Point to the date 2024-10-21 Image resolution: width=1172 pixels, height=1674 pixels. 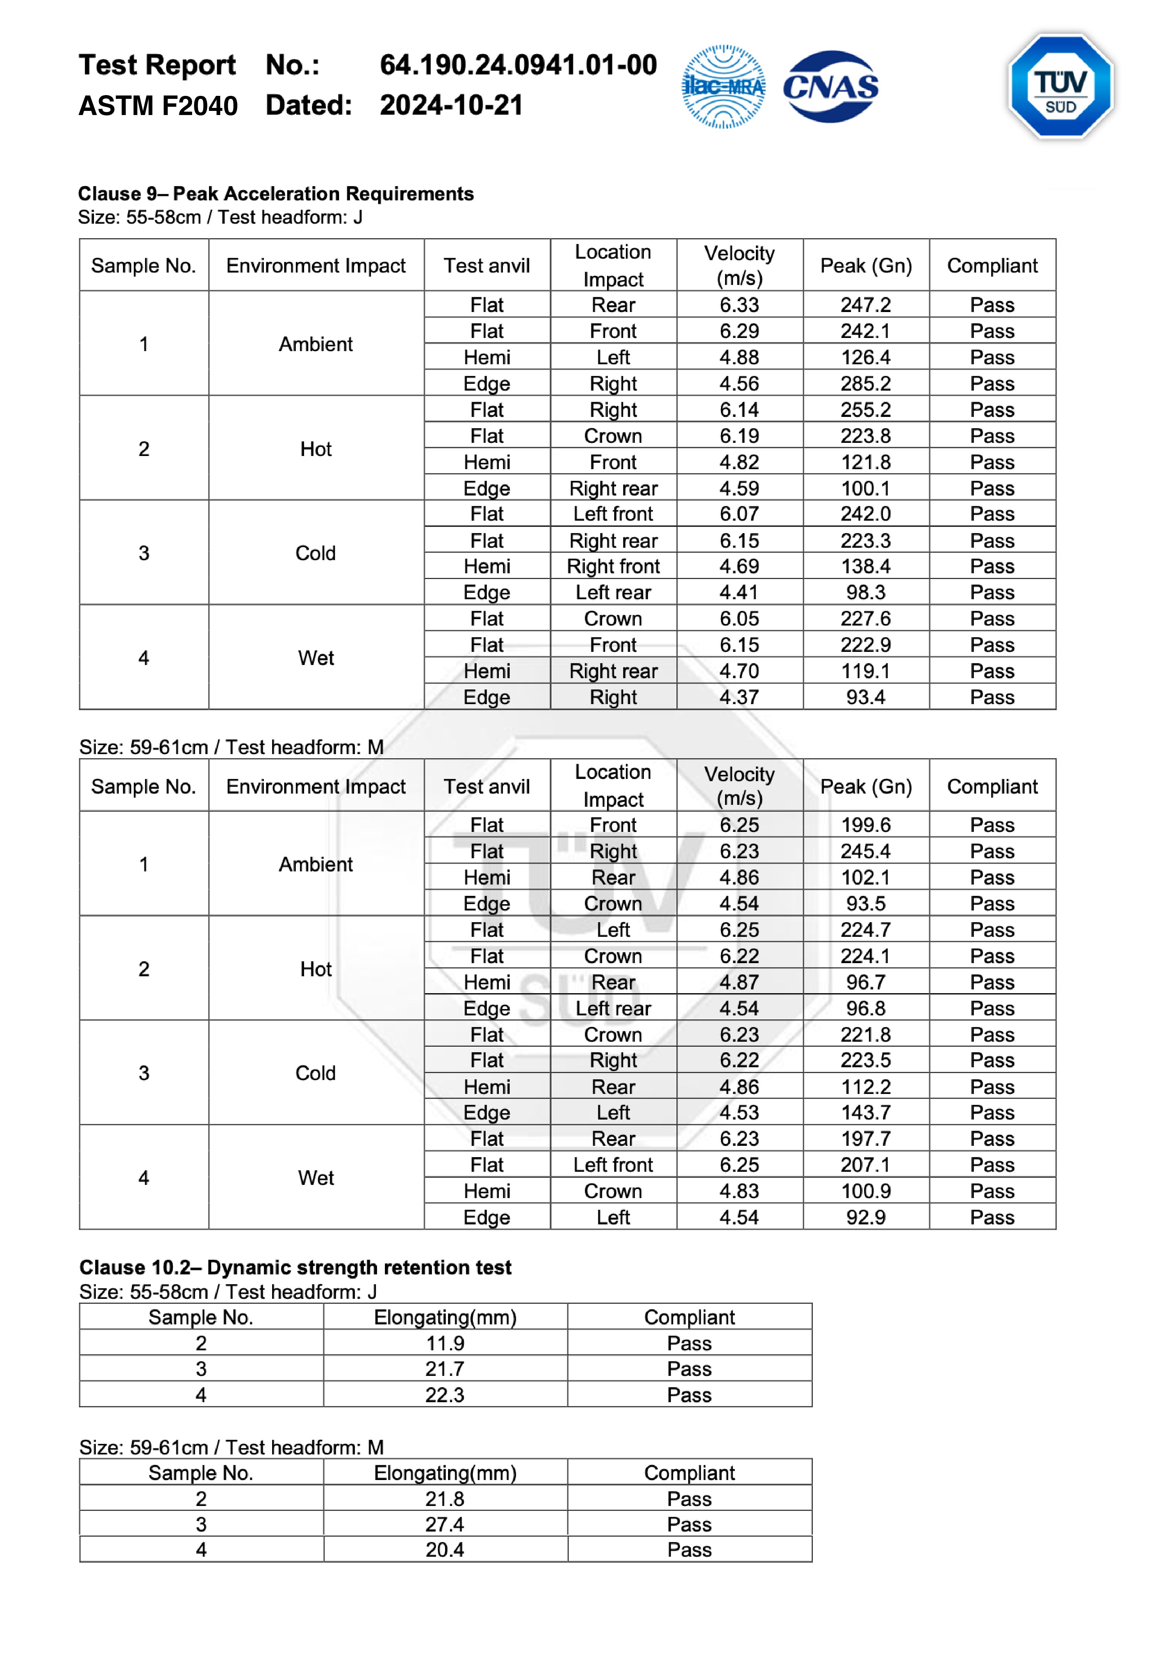coord(451,105)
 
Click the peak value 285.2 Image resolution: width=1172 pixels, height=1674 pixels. coord(865,383)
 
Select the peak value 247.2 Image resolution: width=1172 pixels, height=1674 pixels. coord(865,305)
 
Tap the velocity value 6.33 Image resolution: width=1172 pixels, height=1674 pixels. coord(739,305)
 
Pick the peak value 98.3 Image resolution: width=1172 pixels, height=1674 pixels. coord(865,592)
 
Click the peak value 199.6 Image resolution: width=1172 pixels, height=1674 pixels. coord(865,825)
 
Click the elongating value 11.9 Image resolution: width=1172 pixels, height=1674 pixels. coord(445,1343)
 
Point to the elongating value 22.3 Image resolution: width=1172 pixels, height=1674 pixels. coord(445,1395)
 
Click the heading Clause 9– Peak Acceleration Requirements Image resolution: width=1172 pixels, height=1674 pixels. coord(276,194)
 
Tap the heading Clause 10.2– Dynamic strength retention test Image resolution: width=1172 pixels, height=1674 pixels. coord(295,1267)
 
